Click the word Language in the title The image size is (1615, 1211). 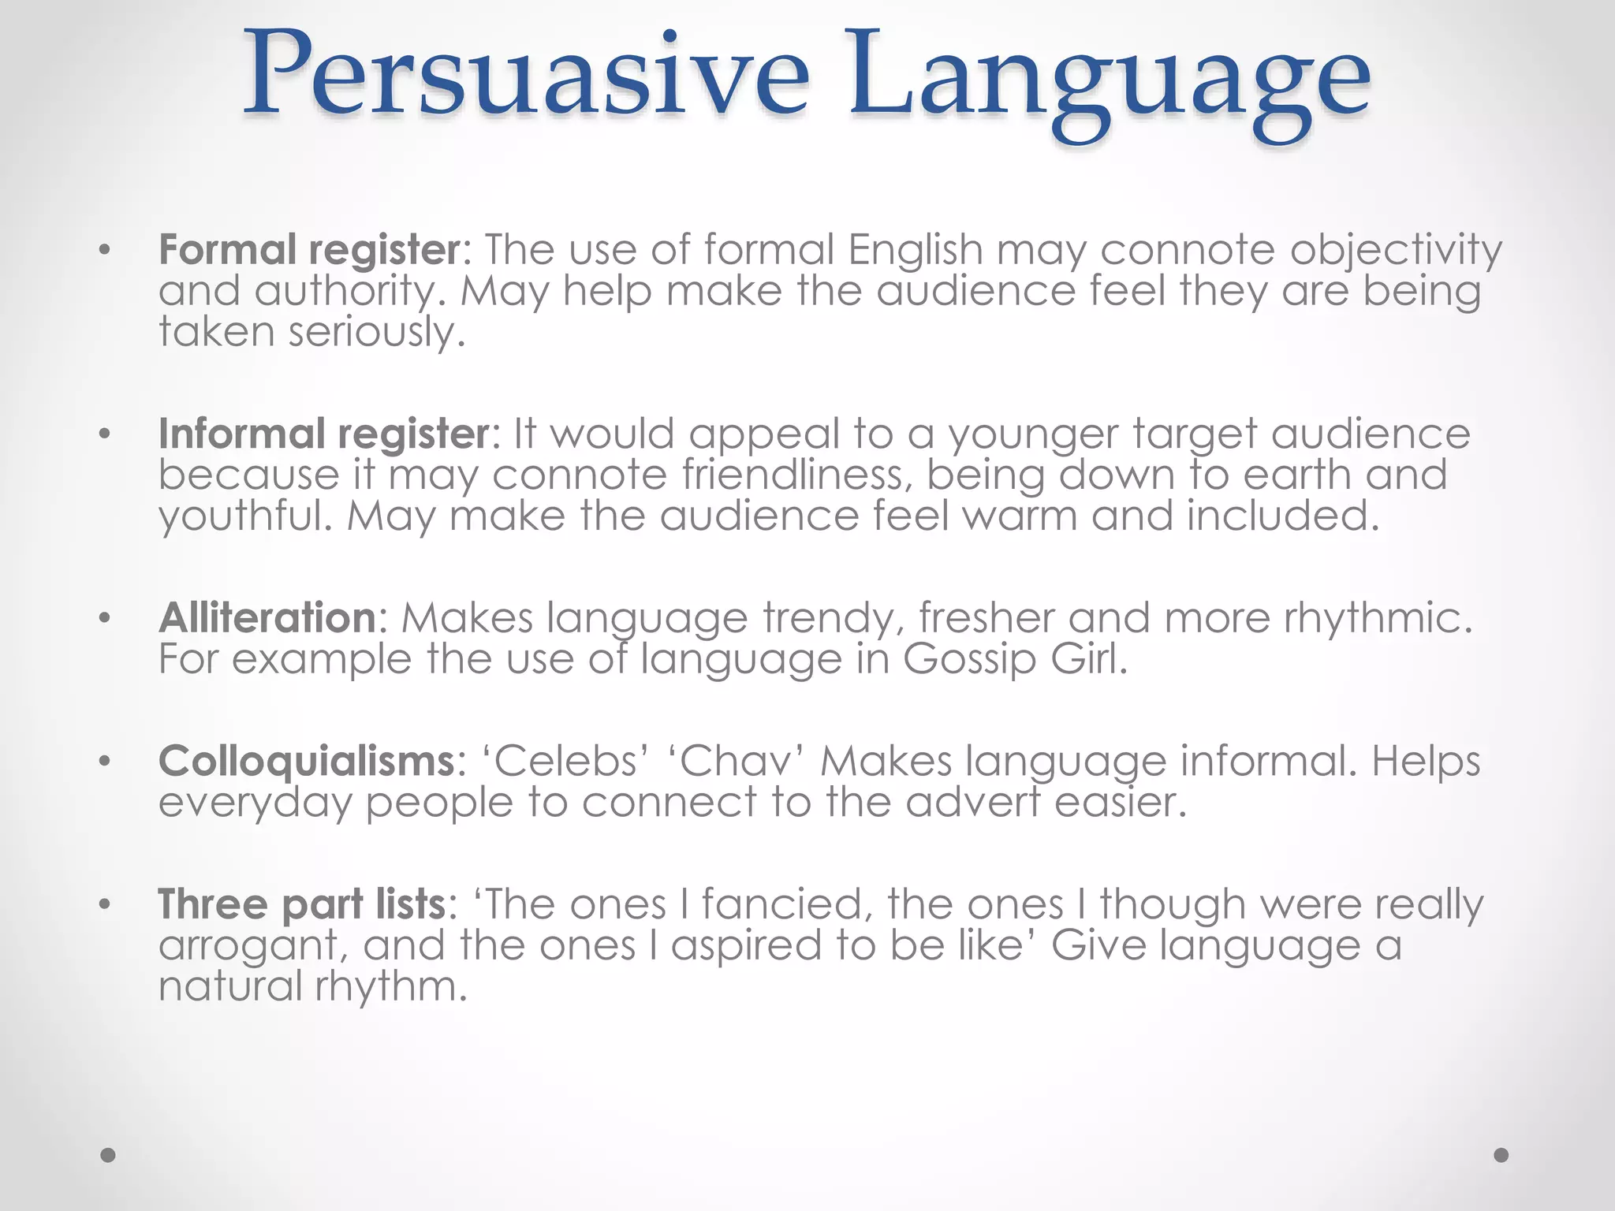[x=1109, y=83]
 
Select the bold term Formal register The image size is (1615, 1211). [x=309, y=250]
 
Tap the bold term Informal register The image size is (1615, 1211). [x=324, y=434]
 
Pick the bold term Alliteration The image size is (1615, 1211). [x=267, y=617]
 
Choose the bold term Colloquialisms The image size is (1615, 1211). [x=307, y=762]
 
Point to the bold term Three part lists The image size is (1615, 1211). [x=302, y=904]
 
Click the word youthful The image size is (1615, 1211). [x=245, y=517]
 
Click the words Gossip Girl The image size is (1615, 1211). [x=1015, y=660]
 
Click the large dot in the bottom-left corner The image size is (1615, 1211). [x=109, y=1155]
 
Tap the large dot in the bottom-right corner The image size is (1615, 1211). [x=1501, y=1155]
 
